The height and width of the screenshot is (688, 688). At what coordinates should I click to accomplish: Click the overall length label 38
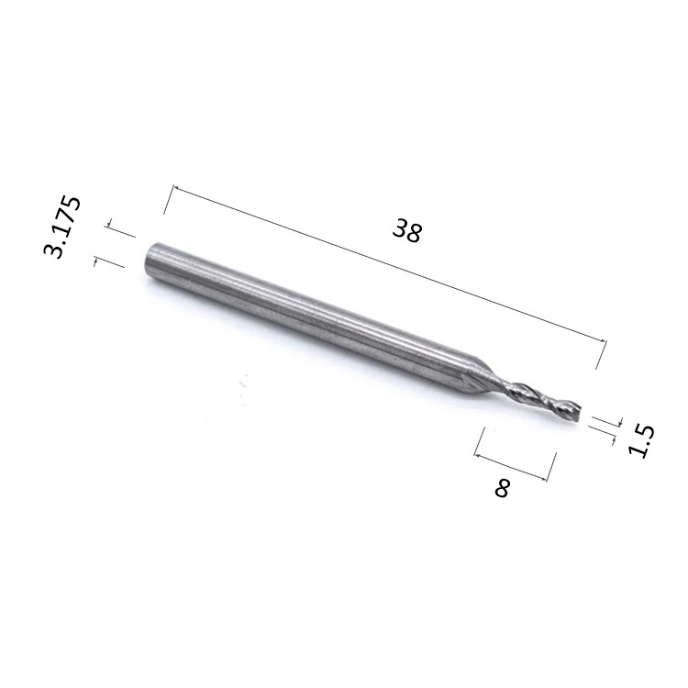pyautogui.click(x=407, y=231)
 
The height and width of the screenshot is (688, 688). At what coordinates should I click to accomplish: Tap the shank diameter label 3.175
pyautogui.click(x=62, y=227)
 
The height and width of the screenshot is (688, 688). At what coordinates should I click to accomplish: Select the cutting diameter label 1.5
pyautogui.click(x=641, y=441)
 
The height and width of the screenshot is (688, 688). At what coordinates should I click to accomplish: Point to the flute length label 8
pyautogui.click(x=503, y=488)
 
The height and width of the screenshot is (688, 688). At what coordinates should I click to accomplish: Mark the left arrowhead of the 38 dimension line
pyautogui.click(x=176, y=188)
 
